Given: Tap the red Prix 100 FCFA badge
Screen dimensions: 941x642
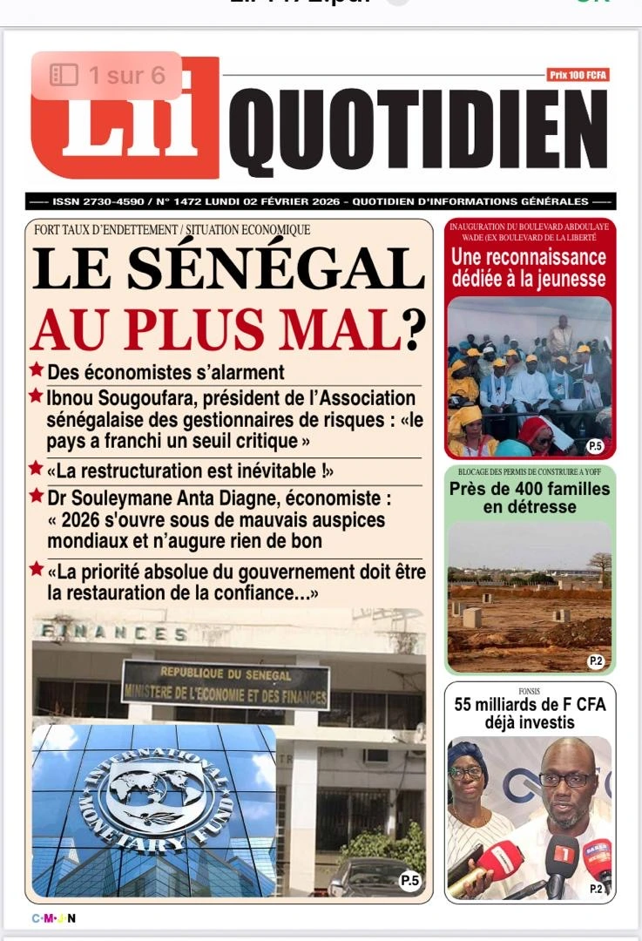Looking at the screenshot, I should [578, 76].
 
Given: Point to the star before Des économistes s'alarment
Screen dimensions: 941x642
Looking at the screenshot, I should [36, 370].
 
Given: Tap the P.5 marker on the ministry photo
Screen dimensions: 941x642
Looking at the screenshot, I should [409, 881].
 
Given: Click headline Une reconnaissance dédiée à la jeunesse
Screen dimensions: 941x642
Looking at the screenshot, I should [529, 268].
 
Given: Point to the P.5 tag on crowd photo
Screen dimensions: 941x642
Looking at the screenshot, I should [595, 446].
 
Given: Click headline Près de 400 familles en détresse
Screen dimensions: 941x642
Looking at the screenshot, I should [530, 498].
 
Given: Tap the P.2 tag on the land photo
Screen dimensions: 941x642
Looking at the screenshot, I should [596, 661].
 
